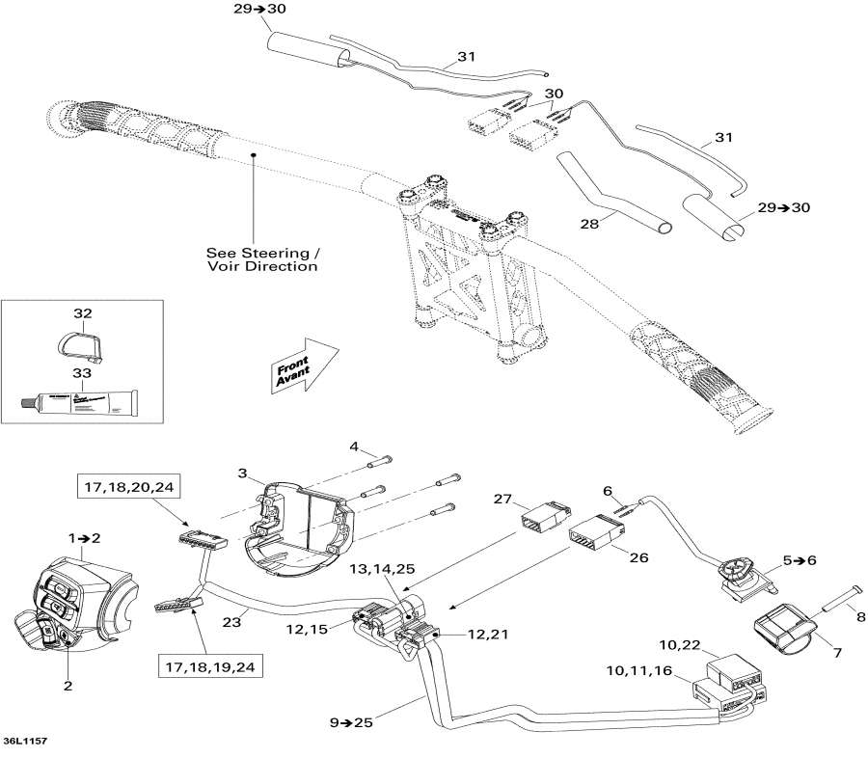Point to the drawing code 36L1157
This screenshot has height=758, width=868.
pyautogui.click(x=25, y=741)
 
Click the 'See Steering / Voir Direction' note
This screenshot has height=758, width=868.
pyautogui.click(x=261, y=257)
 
